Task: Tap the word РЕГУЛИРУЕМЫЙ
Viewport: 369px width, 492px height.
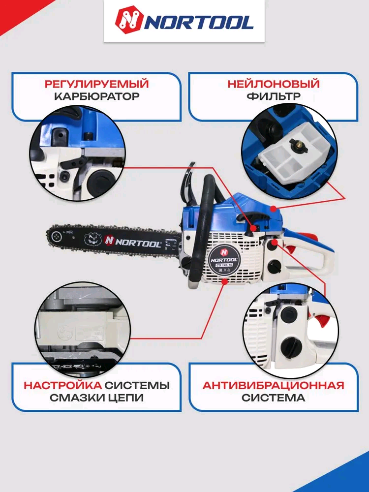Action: point(96,84)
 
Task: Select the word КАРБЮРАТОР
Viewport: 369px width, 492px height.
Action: point(96,96)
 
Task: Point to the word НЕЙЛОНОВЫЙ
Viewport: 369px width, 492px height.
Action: point(273,84)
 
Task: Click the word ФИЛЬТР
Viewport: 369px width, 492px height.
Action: point(273,96)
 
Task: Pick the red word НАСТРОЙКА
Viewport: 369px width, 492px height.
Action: point(63,385)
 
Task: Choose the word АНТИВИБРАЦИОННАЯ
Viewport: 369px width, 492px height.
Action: point(273,385)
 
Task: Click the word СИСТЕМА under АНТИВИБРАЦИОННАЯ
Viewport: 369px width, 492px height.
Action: point(273,398)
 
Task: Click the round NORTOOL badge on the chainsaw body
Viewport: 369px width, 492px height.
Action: point(224,257)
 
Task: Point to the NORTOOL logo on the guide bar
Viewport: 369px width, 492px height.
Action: point(133,241)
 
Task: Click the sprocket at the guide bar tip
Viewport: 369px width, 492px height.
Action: point(57,236)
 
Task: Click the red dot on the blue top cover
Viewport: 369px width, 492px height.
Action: point(274,208)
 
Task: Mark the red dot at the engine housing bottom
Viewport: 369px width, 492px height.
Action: point(224,281)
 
